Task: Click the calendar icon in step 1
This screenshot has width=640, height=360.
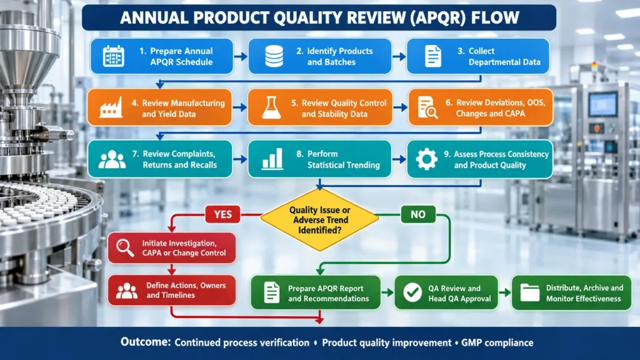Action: tap(113, 56)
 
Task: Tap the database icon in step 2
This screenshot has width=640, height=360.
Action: tap(274, 56)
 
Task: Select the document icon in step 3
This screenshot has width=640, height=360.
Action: tap(432, 56)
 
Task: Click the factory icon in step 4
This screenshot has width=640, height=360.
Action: tap(111, 107)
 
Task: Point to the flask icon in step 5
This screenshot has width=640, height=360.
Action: tap(271, 107)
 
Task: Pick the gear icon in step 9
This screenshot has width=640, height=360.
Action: tap(426, 159)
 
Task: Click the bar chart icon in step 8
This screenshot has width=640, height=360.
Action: tap(272, 159)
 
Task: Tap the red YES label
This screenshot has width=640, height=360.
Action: tap(223, 214)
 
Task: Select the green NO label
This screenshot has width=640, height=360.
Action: tap(418, 214)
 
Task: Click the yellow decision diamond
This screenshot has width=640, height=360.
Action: tap(320, 219)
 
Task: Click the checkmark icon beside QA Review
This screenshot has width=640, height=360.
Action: tap(412, 292)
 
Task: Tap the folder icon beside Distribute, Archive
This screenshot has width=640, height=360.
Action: tap(530, 292)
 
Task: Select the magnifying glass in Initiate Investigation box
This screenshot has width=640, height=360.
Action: tap(125, 247)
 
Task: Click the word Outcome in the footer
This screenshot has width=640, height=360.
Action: tap(145, 342)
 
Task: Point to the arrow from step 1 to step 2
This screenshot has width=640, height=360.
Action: tap(241, 56)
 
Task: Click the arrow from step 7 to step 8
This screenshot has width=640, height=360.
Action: tap(240, 159)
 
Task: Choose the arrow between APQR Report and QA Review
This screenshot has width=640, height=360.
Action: tap(387, 292)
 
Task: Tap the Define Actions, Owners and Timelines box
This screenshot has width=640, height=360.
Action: tap(172, 290)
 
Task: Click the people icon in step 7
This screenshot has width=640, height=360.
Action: tap(112, 159)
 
